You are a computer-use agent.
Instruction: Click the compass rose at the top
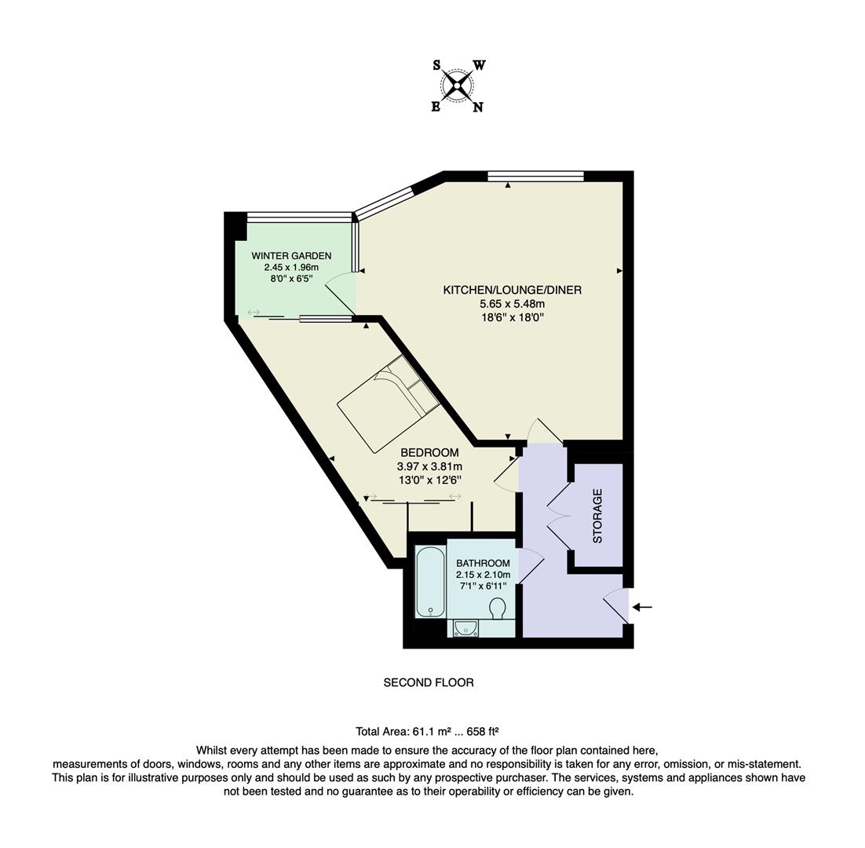(x=458, y=86)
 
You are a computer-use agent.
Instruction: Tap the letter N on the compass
(x=477, y=108)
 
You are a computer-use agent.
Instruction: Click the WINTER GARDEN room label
(x=291, y=256)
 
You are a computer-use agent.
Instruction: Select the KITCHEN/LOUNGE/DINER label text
(x=512, y=291)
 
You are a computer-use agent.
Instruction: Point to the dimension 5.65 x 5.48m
(x=512, y=304)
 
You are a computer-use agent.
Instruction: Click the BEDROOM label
(x=429, y=453)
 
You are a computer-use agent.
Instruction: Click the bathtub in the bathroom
(x=429, y=582)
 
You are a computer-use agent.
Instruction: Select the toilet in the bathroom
(x=498, y=609)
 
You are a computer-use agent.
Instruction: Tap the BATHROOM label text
(x=483, y=563)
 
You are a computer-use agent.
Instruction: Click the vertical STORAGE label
(x=597, y=516)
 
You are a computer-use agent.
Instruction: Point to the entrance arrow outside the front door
(x=642, y=607)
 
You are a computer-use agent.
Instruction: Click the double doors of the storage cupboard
(x=559, y=515)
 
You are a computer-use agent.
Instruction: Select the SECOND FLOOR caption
(x=429, y=683)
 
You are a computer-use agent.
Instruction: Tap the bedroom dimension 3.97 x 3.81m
(x=429, y=466)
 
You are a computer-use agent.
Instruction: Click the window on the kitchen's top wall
(x=535, y=176)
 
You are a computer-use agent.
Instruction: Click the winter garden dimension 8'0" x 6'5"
(x=291, y=278)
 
